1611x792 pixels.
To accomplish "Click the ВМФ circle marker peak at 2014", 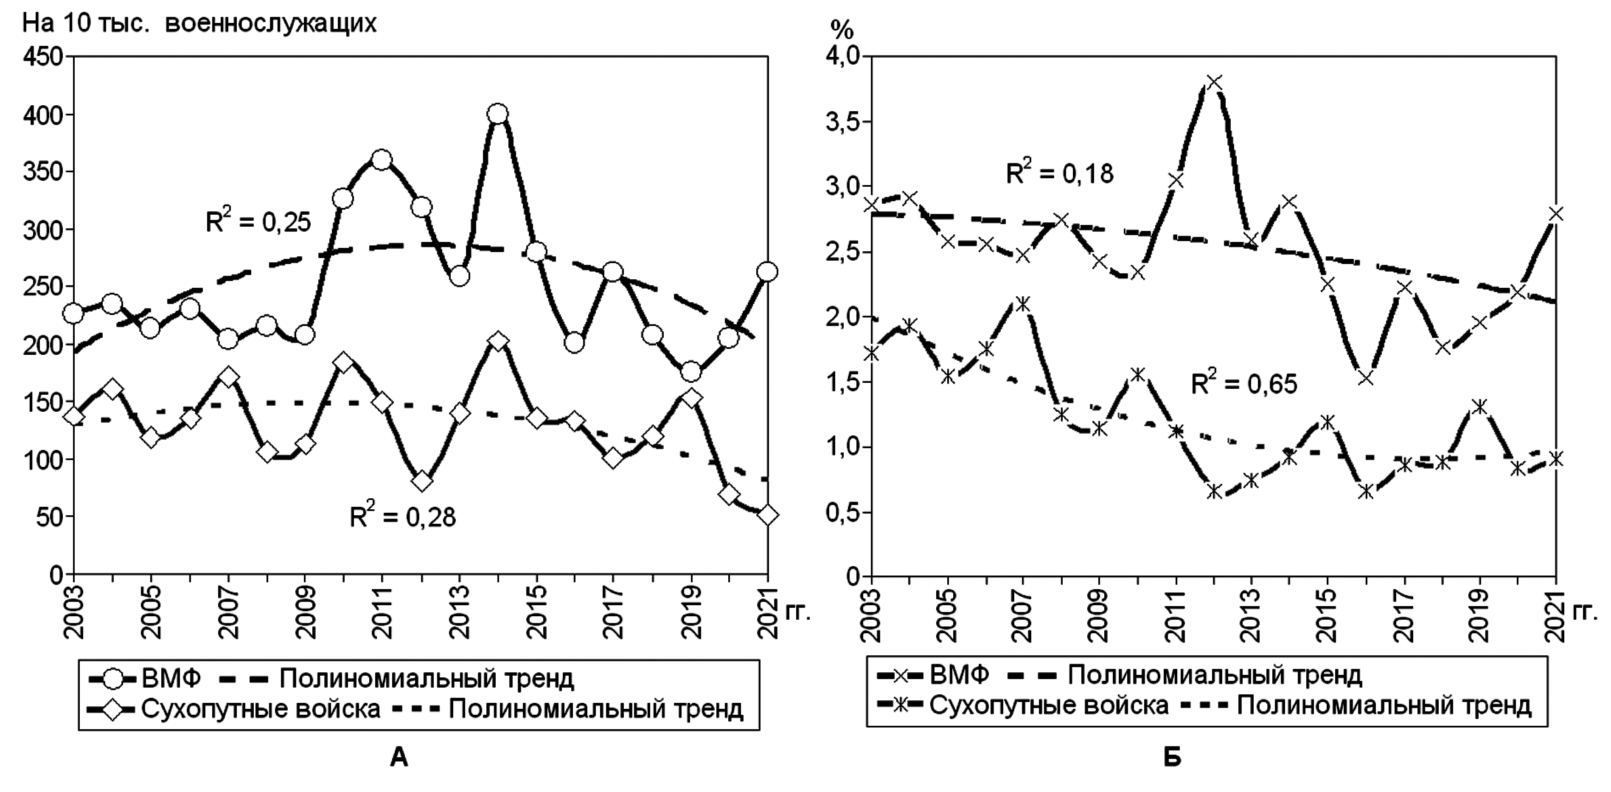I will [498, 114].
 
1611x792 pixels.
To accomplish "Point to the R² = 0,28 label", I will [403, 517].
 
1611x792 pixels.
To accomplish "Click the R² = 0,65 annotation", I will [1244, 383].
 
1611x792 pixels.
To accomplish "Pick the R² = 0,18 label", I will [1059, 173].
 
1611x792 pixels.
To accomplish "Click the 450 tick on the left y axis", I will [42, 57].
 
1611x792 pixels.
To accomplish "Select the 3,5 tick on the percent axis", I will [842, 122].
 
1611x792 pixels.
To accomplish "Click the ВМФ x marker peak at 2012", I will [1214, 83].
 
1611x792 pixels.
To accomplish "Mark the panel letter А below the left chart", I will [399, 758].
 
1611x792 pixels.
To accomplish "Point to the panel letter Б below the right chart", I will [1172, 758].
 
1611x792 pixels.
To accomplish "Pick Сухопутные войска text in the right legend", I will [1049, 705].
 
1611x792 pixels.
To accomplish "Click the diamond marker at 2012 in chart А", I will [422, 481].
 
